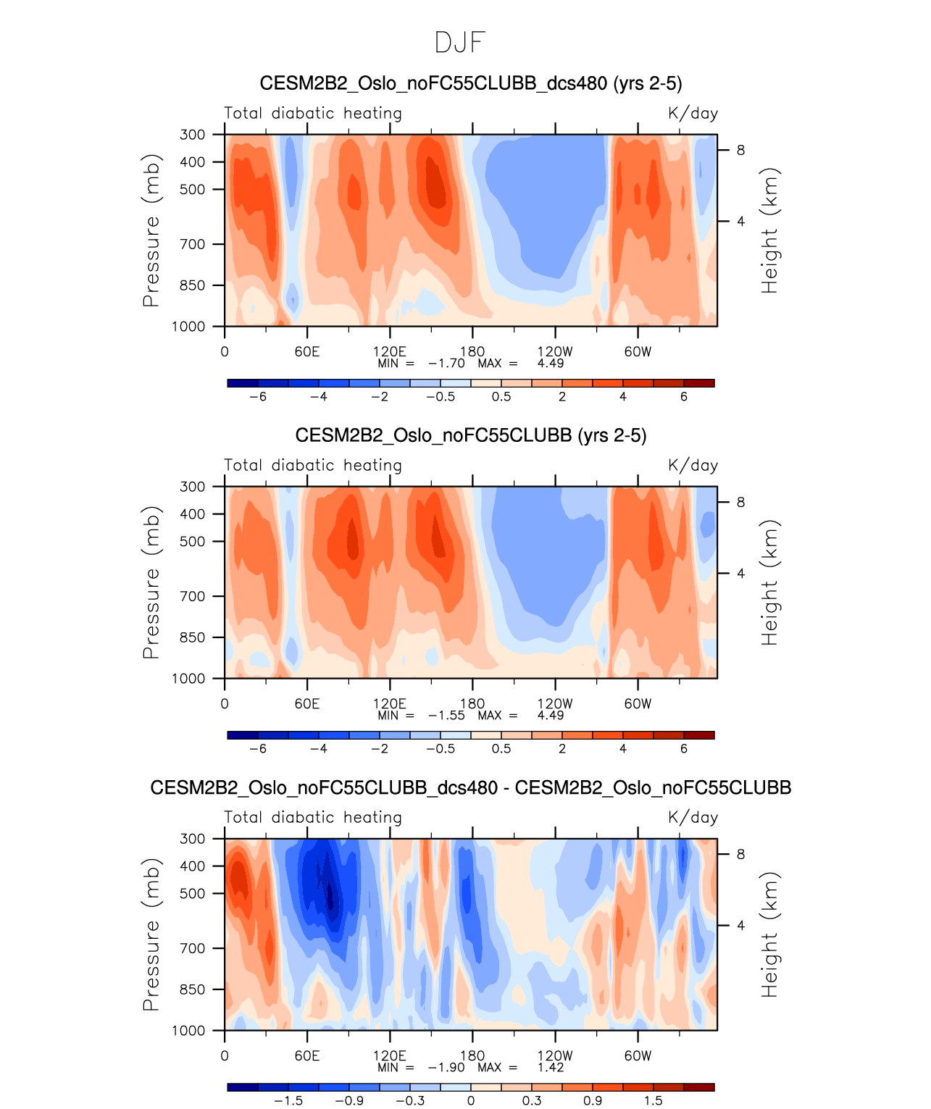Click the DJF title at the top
tap(459, 43)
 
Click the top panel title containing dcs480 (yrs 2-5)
tap(470, 83)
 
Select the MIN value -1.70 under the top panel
tap(446, 364)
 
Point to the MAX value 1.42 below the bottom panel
tap(551, 1068)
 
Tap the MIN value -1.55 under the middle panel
tap(446, 716)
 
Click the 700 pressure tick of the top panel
tap(193, 245)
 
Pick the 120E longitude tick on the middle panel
tap(390, 703)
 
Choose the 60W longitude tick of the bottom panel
tap(638, 1055)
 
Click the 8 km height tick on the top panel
tap(740, 151)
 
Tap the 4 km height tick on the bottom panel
tap(740, 926)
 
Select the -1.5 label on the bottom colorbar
tap(288, 1101)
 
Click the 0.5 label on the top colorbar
tap(501, 397)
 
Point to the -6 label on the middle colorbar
tap(258, 749)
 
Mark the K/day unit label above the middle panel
tap(693, 466)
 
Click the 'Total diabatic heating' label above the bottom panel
tap(313, 818)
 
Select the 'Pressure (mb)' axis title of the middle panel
tap(151, 582)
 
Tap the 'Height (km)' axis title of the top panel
tap(769, 230)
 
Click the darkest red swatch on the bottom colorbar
tap(699, 1087)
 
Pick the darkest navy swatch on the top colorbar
tap(243, 383)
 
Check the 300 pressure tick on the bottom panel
tap(193, 839)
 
